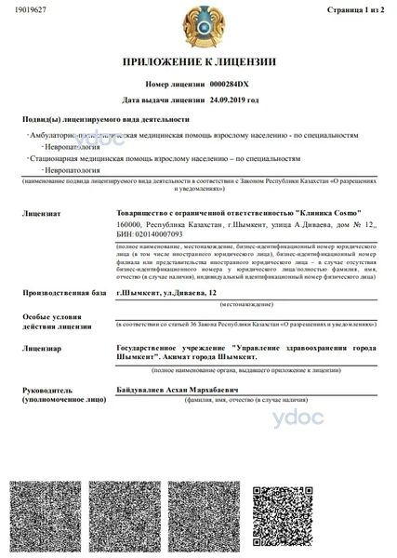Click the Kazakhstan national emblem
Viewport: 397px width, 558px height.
coord(198,24)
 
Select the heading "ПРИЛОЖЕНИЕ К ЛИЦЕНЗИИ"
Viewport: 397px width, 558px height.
coord(198,62)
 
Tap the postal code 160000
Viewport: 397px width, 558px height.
coord(129,224)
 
